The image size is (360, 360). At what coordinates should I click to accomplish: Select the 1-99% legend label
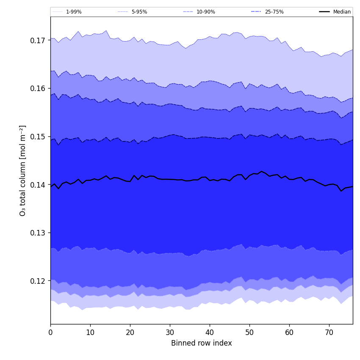pos(73,12)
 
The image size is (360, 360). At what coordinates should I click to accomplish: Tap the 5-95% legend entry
pos(139,12)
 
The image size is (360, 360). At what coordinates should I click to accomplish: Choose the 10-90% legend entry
pos(205,12)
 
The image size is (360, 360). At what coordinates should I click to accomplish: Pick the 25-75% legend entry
pos(274,12)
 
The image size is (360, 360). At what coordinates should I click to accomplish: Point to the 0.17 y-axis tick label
pos(38,41)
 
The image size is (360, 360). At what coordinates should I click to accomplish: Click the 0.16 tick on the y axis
pos(38,89)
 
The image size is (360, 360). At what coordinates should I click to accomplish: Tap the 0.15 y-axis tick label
pos(38,137)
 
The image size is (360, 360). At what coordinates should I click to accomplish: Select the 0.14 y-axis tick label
pos(38,185)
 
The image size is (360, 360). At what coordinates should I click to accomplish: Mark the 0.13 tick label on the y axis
pos(38,233)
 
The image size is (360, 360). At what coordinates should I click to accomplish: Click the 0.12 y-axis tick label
pos(38,281)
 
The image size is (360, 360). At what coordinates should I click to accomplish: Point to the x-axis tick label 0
pos(50,332)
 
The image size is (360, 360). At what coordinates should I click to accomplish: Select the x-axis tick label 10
pos(90,332)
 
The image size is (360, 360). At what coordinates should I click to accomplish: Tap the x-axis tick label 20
pos(130,332)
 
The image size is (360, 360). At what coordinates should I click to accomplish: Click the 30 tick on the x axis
pos(170,332)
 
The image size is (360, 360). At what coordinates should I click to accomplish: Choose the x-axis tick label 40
pos(210,332)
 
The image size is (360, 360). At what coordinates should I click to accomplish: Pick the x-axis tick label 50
pos(249,332)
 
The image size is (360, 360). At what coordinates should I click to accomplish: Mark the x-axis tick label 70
pos(329,332)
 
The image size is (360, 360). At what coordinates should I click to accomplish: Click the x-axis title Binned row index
pos(202,343)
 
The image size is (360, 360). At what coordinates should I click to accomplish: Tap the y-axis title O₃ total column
pos(23,170)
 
